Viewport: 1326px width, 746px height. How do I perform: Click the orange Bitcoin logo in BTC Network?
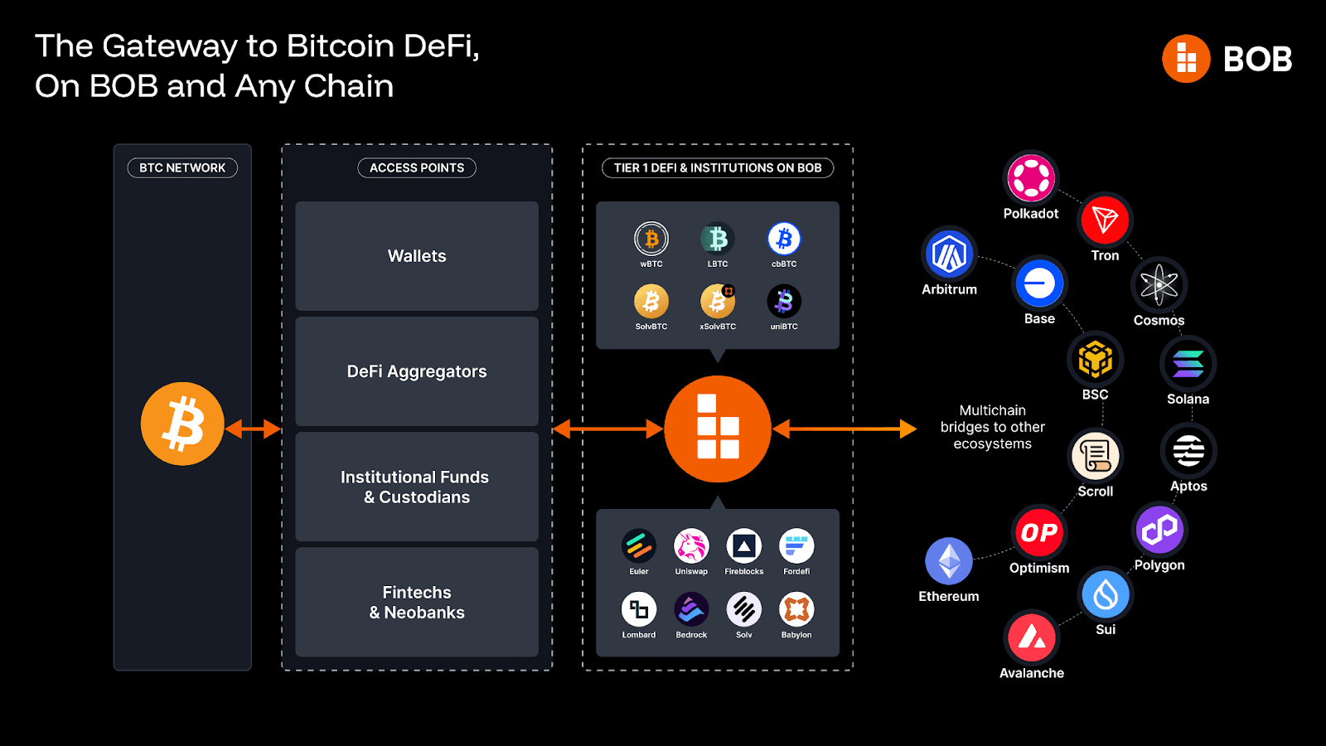tap(182, 424)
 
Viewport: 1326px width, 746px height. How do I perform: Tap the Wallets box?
tap(417, 256)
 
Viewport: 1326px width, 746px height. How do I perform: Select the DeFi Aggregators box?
tap(417, 371)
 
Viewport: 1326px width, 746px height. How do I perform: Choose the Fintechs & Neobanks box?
tap(417, 603)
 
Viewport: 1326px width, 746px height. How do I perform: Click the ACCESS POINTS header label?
tap(417, 167)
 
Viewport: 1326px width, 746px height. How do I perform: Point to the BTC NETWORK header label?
tap(182, 167)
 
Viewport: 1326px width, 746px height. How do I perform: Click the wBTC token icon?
tap(651, 239)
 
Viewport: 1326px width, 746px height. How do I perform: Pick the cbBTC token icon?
tap(784, 239)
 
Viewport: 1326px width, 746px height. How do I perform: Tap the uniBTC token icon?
tap(784, 302)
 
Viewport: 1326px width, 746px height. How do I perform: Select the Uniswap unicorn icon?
tap(691, 546)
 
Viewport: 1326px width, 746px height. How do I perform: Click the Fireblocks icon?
tap(744, 546)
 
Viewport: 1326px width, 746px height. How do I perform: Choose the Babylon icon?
tap(796, 610)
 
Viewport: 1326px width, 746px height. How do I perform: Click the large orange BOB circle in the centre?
tap(718, 429)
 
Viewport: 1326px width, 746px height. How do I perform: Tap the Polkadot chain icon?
tap(1031, 177)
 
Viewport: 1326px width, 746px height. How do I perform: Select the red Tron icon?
tap(1106, 220)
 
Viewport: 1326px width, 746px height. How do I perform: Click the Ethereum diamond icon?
tap(949, 561)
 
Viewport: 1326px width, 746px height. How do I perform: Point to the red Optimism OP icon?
tap(1039, 532)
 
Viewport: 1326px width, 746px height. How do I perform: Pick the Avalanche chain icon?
tap(1032, 637)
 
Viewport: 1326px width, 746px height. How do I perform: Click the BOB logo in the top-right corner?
tap(1227, 59)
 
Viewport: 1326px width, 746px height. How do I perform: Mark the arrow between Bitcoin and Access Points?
tap(253, 429)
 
